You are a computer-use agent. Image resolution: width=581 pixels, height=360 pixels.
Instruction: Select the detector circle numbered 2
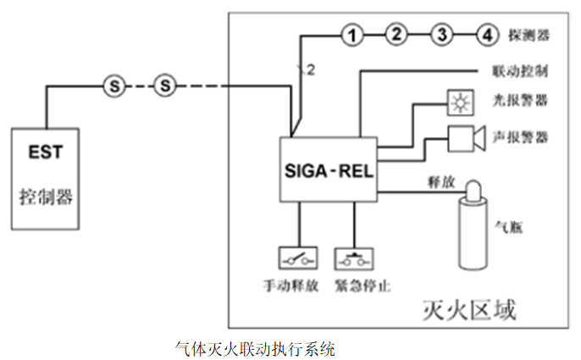(396, 35)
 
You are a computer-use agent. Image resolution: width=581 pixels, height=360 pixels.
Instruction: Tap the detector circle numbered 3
(440, 35)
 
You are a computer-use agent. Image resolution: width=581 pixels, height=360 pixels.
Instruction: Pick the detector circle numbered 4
(485, 35)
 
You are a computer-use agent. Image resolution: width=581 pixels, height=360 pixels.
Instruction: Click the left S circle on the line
(113, 85)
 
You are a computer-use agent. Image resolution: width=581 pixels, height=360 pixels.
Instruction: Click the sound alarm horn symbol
(465, 138)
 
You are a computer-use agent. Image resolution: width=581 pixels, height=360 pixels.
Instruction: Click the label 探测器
(531, 36)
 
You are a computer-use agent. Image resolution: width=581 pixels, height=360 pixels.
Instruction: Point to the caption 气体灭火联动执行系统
(255, 347)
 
